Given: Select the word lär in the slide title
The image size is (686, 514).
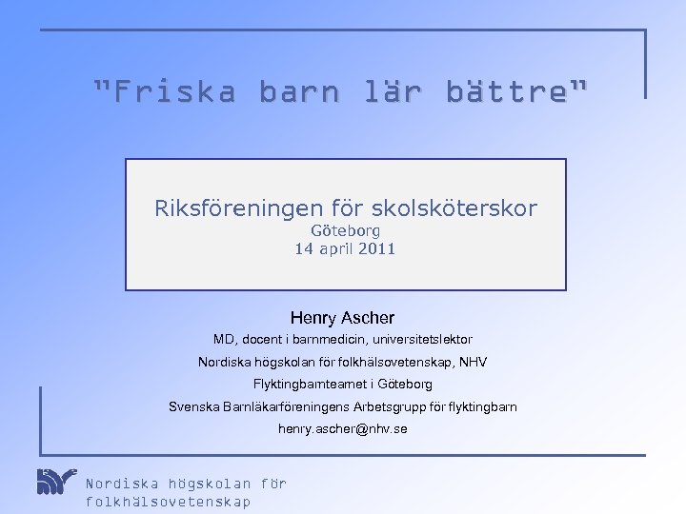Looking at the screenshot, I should pyautogui.click(x=393, y=93).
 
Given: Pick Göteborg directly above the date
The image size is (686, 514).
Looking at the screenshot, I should pyautogui.click(x=346, y=230).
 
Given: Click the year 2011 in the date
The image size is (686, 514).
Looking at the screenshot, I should pyautogui.click(x=375, y=249).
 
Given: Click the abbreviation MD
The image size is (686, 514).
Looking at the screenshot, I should pyautogui.click(x=224, y=340).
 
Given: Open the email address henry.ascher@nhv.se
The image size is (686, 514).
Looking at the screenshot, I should pyautogui.click(x=342, y=430).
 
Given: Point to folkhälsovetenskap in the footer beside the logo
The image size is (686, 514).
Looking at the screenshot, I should pyautogui.click(x=169, y=503).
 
